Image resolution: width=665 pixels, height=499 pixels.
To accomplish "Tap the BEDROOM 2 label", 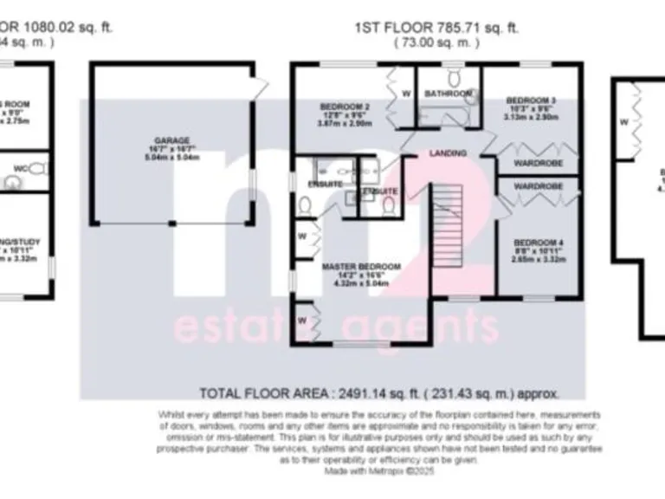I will coord(345,107).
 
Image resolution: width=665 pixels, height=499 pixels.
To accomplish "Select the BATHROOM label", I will coord(448,94).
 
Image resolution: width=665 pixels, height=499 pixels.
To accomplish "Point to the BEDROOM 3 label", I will coord(530,100).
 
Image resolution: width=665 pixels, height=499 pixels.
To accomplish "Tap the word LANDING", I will coord(448,153).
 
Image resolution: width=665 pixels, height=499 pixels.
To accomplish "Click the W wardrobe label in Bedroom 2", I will coord(405,94).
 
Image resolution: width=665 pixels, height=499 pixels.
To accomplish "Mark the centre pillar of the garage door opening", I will coord(174,224).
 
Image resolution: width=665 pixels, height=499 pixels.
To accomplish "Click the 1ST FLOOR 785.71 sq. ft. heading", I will coord(436,27).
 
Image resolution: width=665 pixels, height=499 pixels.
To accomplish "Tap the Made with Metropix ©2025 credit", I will coord(380,471).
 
